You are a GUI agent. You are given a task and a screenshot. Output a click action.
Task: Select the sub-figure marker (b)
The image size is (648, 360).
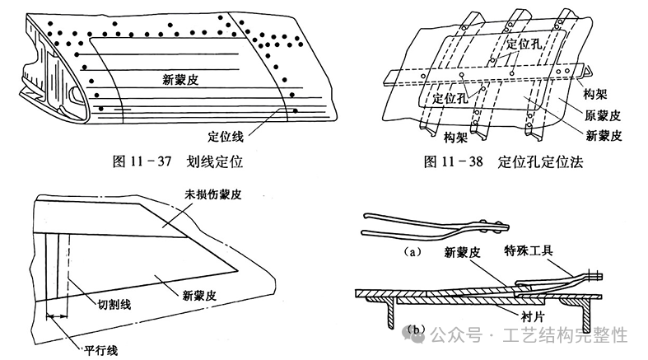point(417,333)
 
